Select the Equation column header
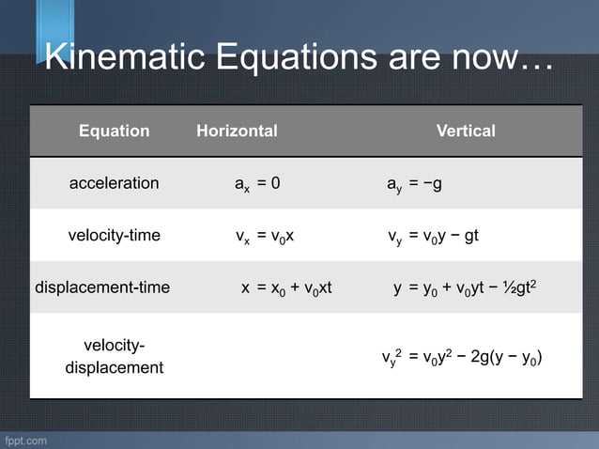pos(114,131)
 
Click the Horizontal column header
pos(237,131)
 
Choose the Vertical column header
pos(466,131)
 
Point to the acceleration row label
pos(114,183)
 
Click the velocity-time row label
pos(114,235)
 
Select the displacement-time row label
pos(102,287)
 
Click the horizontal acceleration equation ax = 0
pos(256,183)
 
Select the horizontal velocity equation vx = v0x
pos(265,236)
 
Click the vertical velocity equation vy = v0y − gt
pos(433,236)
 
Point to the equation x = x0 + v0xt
pos(286,287)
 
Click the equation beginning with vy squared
pos(461,357)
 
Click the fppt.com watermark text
pos(25,440)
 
